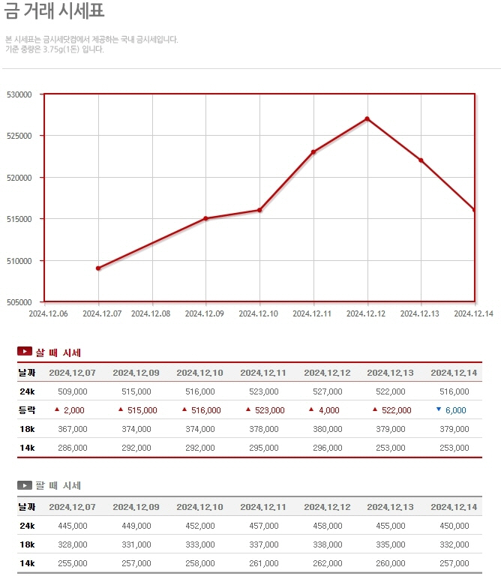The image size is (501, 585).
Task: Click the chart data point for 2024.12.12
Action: [367, 118]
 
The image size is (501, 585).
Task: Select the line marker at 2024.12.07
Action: [98, 268]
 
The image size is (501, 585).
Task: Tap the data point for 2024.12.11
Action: [313, 152]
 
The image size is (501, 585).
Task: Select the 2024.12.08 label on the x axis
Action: [152, 313]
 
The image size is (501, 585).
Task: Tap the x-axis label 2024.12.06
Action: [48, 313]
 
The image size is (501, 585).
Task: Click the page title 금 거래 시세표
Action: [55, 11]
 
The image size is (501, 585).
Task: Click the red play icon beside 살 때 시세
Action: [25, 352]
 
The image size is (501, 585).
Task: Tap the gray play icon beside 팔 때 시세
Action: [25, 485]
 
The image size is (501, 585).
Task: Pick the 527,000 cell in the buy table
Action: [327, 391]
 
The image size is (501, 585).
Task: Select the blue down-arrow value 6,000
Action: [455, 410]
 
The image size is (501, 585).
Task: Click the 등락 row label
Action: [26, 410]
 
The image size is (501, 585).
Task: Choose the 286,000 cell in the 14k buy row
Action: [72, 448]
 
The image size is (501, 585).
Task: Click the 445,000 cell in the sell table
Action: [72, 526]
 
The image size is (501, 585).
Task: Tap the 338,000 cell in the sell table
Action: [327, 544]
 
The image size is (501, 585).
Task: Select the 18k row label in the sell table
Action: [26, 544]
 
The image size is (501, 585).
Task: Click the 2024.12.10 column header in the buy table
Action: [199, 373]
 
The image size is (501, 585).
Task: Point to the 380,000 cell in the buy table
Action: [327, 429]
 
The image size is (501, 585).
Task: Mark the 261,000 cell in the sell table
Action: [263, 563]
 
